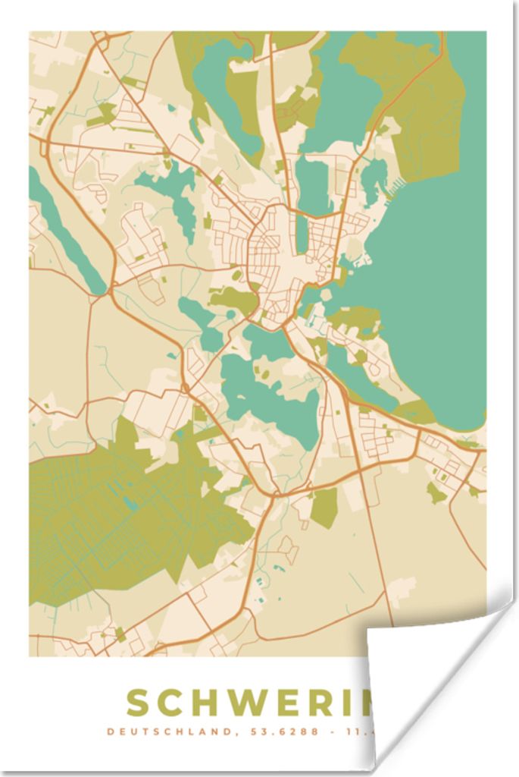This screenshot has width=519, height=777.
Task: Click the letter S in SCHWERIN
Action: pos(142,703)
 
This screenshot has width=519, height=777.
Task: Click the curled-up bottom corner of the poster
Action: pos(424,668)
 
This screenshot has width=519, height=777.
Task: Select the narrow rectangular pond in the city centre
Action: pos(302,234)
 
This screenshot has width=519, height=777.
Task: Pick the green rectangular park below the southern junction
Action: pos(324,508)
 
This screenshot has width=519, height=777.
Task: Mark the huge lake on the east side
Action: pos(439,288)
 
